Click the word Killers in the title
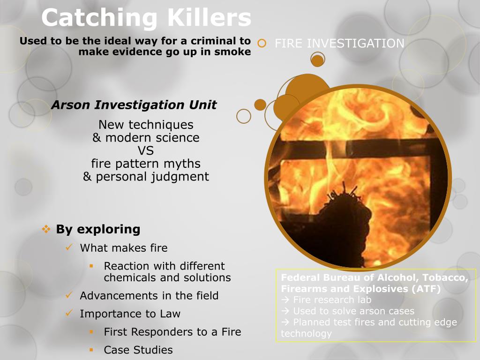coord(208,18)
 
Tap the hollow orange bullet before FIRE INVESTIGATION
coord(262,44)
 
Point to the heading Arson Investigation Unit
coord(134,105)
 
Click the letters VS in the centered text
coord(146,151)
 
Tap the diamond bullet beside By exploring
coord(46,229)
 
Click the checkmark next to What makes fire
coord(69,247)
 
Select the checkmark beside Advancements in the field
coord(69,295)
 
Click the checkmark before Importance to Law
coord(69,313)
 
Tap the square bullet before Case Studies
coord(92,350)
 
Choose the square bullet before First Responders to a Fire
coord(92,332)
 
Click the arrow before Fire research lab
coord(285,300)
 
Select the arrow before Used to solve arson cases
coord(285,311)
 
